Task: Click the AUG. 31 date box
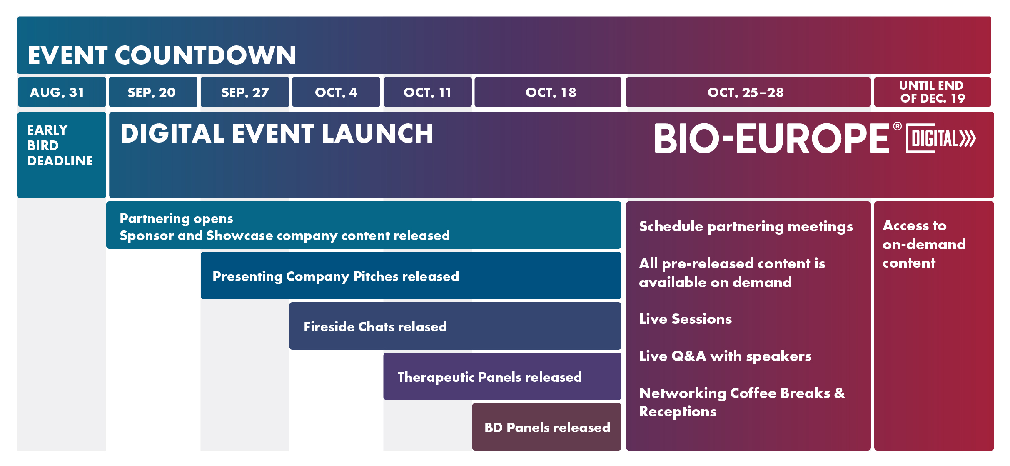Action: (x=62, y=92)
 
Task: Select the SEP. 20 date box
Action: (x=153, y=92)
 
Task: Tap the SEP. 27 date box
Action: (x=245, y=92)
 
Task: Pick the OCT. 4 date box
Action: (x=336, y=92)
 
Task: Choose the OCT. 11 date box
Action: (x=428, y=92)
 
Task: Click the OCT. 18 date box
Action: (x=548, y=92)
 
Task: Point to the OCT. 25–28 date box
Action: (x=748, y=92)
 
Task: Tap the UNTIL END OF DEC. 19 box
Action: (x=933, y=92)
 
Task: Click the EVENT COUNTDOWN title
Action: (x=162, y=55)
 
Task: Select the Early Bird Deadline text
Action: (x=60, y=145)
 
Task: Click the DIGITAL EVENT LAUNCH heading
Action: (x=277, y=134)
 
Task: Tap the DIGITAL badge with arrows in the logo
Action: (x=941, y=138)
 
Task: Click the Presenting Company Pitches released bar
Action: (x=411, y=276)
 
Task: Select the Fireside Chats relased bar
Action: (x=455, y=326)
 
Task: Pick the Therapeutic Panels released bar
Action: (x=502, y=376)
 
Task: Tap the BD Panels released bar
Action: (x=547, y=427)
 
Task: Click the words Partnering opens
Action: (x=176, y=219)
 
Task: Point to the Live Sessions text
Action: (x=686, y=319)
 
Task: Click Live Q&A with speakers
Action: (x=725, y=356)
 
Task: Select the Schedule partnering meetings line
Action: (x=746, y=227)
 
